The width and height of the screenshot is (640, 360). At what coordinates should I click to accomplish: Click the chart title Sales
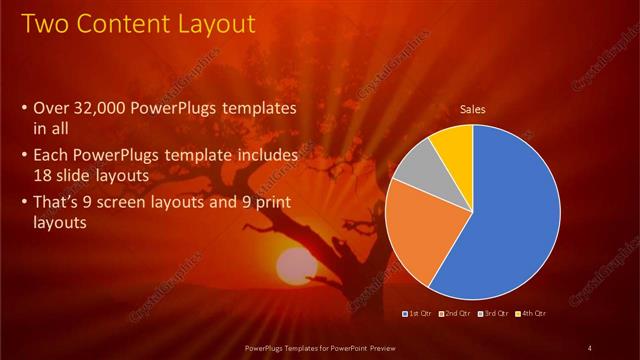coord(473,109)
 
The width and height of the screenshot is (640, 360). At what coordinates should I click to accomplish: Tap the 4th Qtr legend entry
coord(530,314)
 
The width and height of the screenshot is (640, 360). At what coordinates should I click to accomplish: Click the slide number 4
coord(590,347)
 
